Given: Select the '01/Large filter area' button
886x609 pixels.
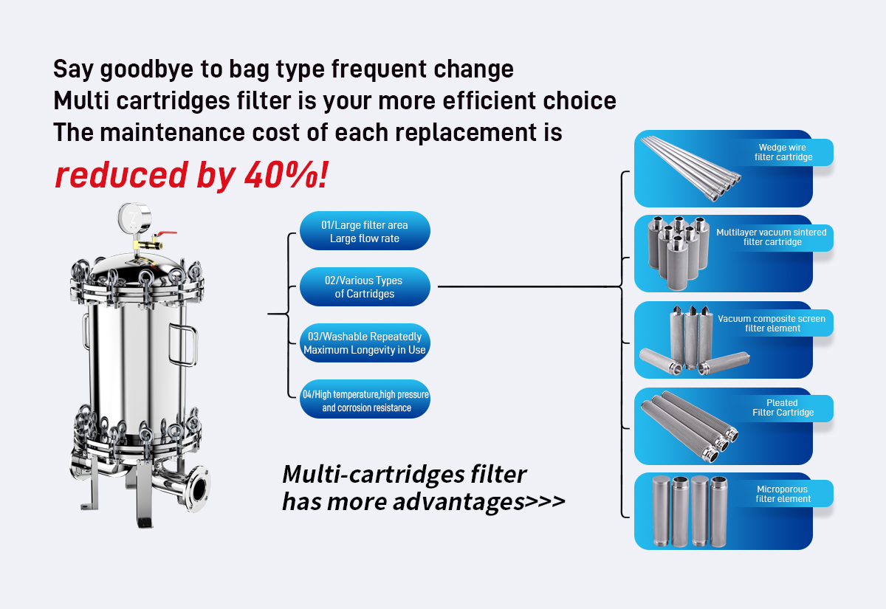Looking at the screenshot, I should (365, 231).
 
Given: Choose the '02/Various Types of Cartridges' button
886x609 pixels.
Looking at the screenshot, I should (365, 287).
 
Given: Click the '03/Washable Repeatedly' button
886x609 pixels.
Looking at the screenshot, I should (365, 343).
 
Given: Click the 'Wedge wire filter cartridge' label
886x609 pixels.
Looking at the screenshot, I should (783, 153).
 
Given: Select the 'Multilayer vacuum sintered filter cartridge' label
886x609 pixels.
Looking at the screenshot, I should (772, 237).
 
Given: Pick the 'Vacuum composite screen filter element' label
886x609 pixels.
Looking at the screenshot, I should (772, 323).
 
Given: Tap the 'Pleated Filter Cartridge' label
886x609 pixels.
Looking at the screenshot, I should (783, 407).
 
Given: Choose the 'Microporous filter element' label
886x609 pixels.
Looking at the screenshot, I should (783, 494).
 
